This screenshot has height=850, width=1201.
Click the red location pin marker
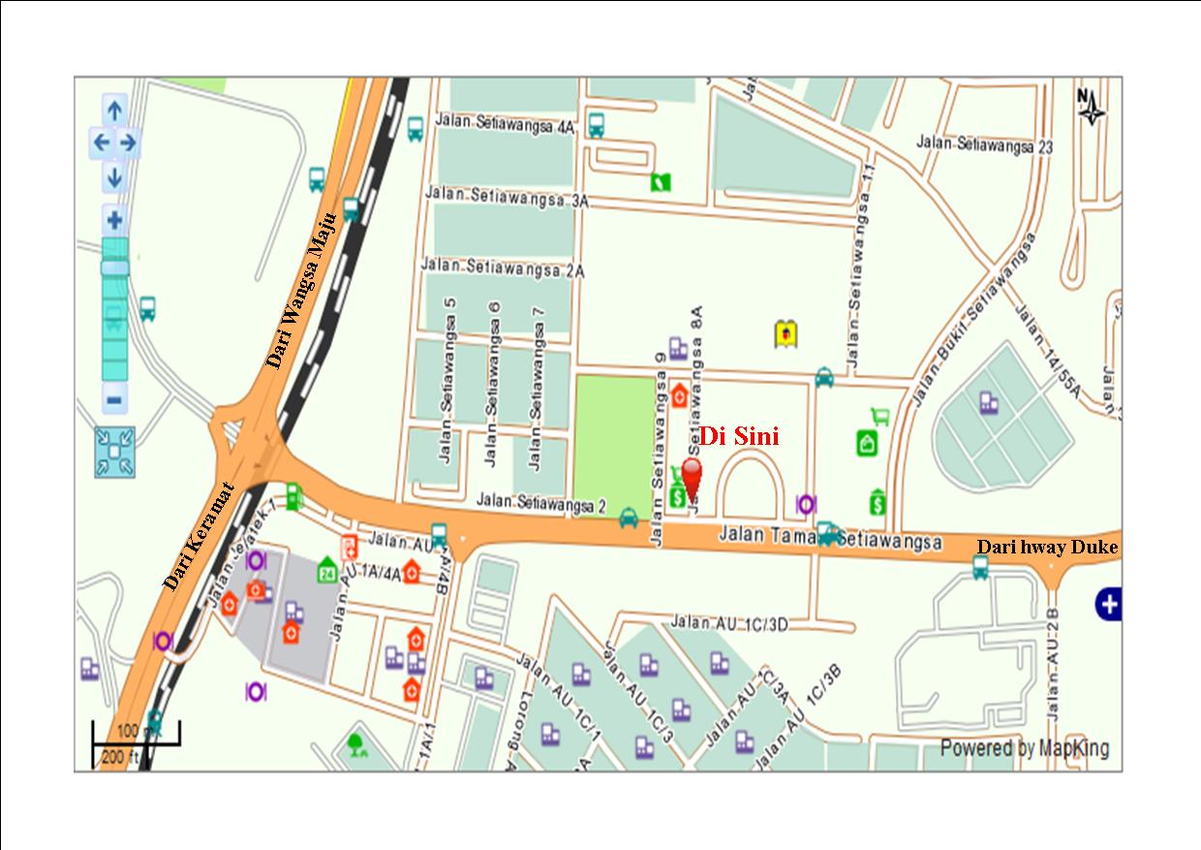[x=692, y=476]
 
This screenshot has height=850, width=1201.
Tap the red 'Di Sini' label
[x=739, y=437]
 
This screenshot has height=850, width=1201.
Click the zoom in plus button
[x=114, y=219]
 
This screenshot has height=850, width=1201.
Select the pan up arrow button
[x=114, y=110]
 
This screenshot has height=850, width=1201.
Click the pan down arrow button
[x=114, y=178]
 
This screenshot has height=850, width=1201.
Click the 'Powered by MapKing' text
[x=1024, y=748]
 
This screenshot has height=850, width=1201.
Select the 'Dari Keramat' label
[x=200, y=536]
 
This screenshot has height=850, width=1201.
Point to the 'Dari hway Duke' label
[x=1046, y=548]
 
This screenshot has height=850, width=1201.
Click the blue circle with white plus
[x=1109, y=605]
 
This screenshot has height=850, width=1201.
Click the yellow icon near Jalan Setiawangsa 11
[x=785, y=334]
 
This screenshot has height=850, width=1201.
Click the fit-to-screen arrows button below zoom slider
[x=114, y=452]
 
